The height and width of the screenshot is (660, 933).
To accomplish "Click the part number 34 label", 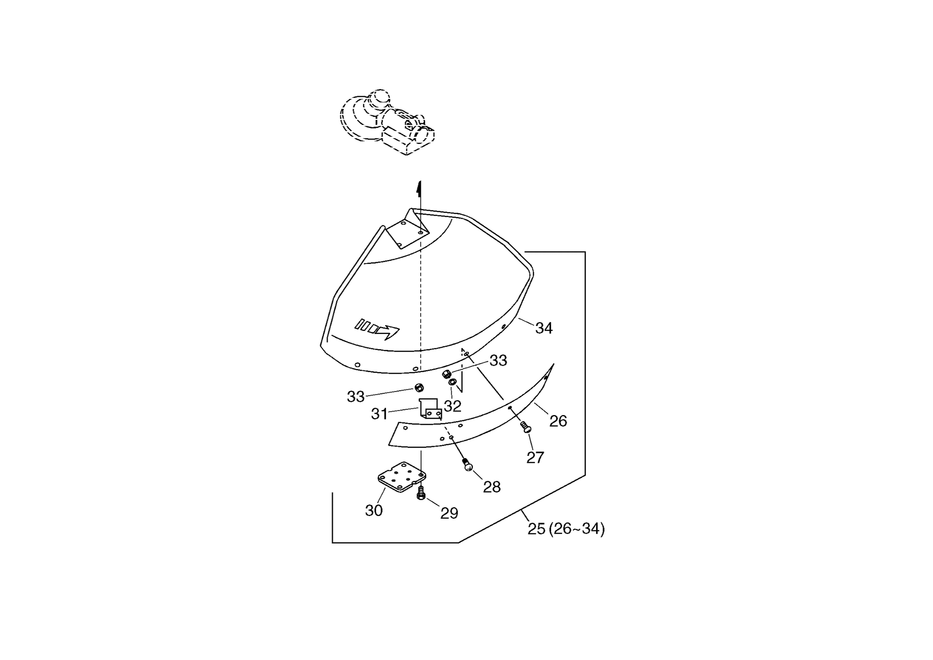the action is (x=544, y=328).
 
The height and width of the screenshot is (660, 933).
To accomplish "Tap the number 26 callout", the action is (x=558, y=421).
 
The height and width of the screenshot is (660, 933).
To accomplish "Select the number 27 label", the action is (x=535, y=457).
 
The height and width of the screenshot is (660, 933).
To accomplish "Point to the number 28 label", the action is (x=492, y=487).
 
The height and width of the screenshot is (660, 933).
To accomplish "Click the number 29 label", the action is (x=449, y=513).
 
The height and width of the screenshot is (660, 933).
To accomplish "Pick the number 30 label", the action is (x=374, y=511).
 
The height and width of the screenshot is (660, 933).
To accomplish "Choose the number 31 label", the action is (x=379, y=414).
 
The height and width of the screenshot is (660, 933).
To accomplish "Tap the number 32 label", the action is (x=453, y=406).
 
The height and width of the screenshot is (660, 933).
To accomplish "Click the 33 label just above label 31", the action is (x=355, y=397).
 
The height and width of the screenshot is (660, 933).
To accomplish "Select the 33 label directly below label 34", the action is (x=498, y=361).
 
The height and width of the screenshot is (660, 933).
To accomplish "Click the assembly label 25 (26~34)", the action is (x=566, y=529).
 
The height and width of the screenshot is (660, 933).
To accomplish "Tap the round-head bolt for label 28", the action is (x=467, y=465).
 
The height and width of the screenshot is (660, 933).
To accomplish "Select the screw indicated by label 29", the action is (x=421, y=493).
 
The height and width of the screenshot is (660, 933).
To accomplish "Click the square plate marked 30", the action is (x=402, y=477).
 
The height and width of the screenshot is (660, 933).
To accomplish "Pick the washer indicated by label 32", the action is (x=453, y=382).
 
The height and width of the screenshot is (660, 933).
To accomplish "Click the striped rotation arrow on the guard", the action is (x=377, y=329).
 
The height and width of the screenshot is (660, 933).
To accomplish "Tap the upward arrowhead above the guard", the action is (x=419, y=189).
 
